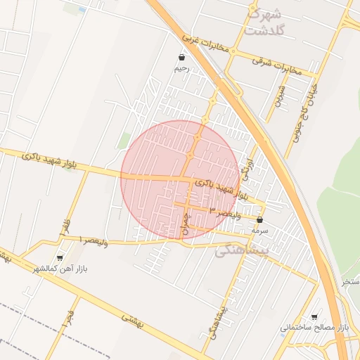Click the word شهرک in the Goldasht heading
pos(264,14)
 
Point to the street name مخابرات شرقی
pos(276,65)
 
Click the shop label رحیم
pos(182,69)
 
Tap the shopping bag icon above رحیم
pos(182,58)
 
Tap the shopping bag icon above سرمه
pos(260,219)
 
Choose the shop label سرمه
pos(261,230)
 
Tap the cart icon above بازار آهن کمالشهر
pos(60,258)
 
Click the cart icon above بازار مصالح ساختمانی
pos(314,318)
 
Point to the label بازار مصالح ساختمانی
pos(314,328)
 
